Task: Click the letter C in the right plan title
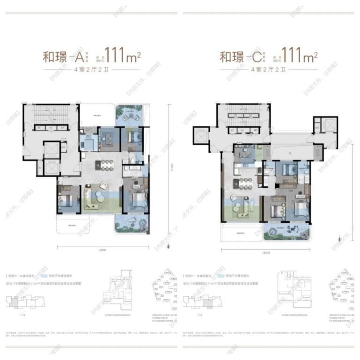pos(257,58)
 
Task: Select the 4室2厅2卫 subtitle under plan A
pos(90,71)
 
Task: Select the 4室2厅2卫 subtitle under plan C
pos(268,71)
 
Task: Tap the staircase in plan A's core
pos(50,114)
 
